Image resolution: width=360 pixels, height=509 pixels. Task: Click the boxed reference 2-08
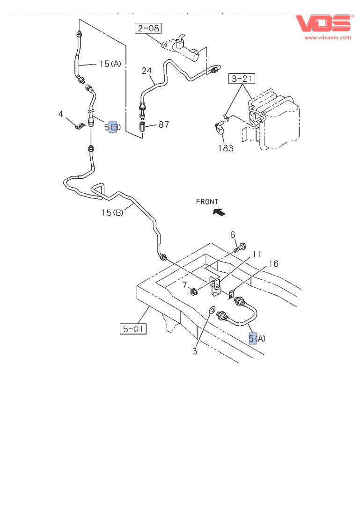coord(148,29)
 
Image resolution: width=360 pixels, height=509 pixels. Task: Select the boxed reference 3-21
coord(242,79)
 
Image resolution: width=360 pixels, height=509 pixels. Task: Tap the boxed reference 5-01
coord(132,329)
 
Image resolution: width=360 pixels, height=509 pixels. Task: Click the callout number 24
coord(147,71)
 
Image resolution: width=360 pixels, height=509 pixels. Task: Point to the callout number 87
coord(163,124)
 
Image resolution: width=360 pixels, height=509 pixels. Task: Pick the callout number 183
coord(226,148)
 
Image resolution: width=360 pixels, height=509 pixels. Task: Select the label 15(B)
coord(112,213)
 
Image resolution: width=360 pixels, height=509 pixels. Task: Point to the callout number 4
coord(60,114)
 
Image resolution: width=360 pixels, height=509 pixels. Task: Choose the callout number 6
coord(233,234)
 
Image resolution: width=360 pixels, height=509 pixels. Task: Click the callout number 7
coord(185,285)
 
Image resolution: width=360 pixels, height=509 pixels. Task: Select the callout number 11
coord(257,254)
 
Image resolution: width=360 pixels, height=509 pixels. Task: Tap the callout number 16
coord(273,264)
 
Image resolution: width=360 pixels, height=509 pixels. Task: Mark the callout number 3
coord(195,351)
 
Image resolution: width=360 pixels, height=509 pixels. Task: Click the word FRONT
coord(207,202)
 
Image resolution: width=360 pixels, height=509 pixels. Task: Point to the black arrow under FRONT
coord(219,212)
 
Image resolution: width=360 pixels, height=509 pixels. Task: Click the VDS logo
coord(323,23)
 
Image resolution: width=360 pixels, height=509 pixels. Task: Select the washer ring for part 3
coord(212,310)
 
